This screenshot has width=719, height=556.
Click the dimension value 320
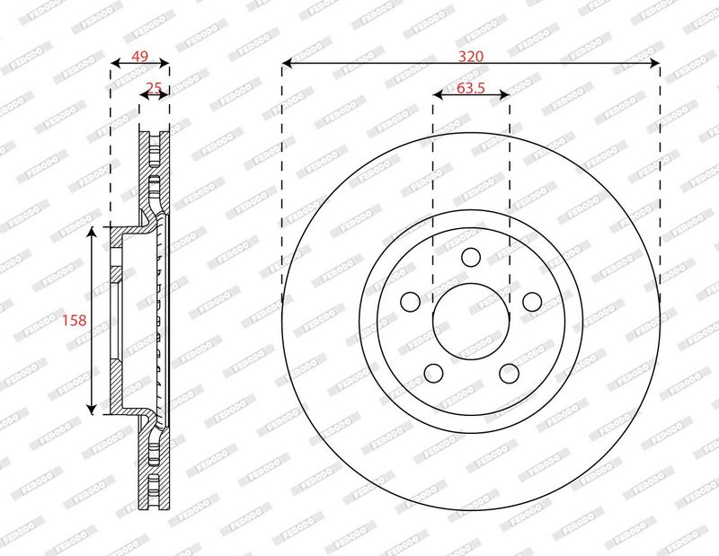click(471, 57)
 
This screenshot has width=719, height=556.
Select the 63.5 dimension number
click(471, 87)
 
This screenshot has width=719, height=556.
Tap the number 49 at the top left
click(140, 57)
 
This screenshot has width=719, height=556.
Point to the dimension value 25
click(154, 87)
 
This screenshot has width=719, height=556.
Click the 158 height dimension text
click(75, 320)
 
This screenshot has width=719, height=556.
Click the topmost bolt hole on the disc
click(471, 257)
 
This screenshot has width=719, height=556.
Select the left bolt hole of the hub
click(411, 301)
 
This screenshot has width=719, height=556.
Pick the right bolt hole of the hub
click(532, 301)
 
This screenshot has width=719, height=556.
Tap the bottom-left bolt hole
click(434, 373)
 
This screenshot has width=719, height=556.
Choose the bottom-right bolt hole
click(509, 373)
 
